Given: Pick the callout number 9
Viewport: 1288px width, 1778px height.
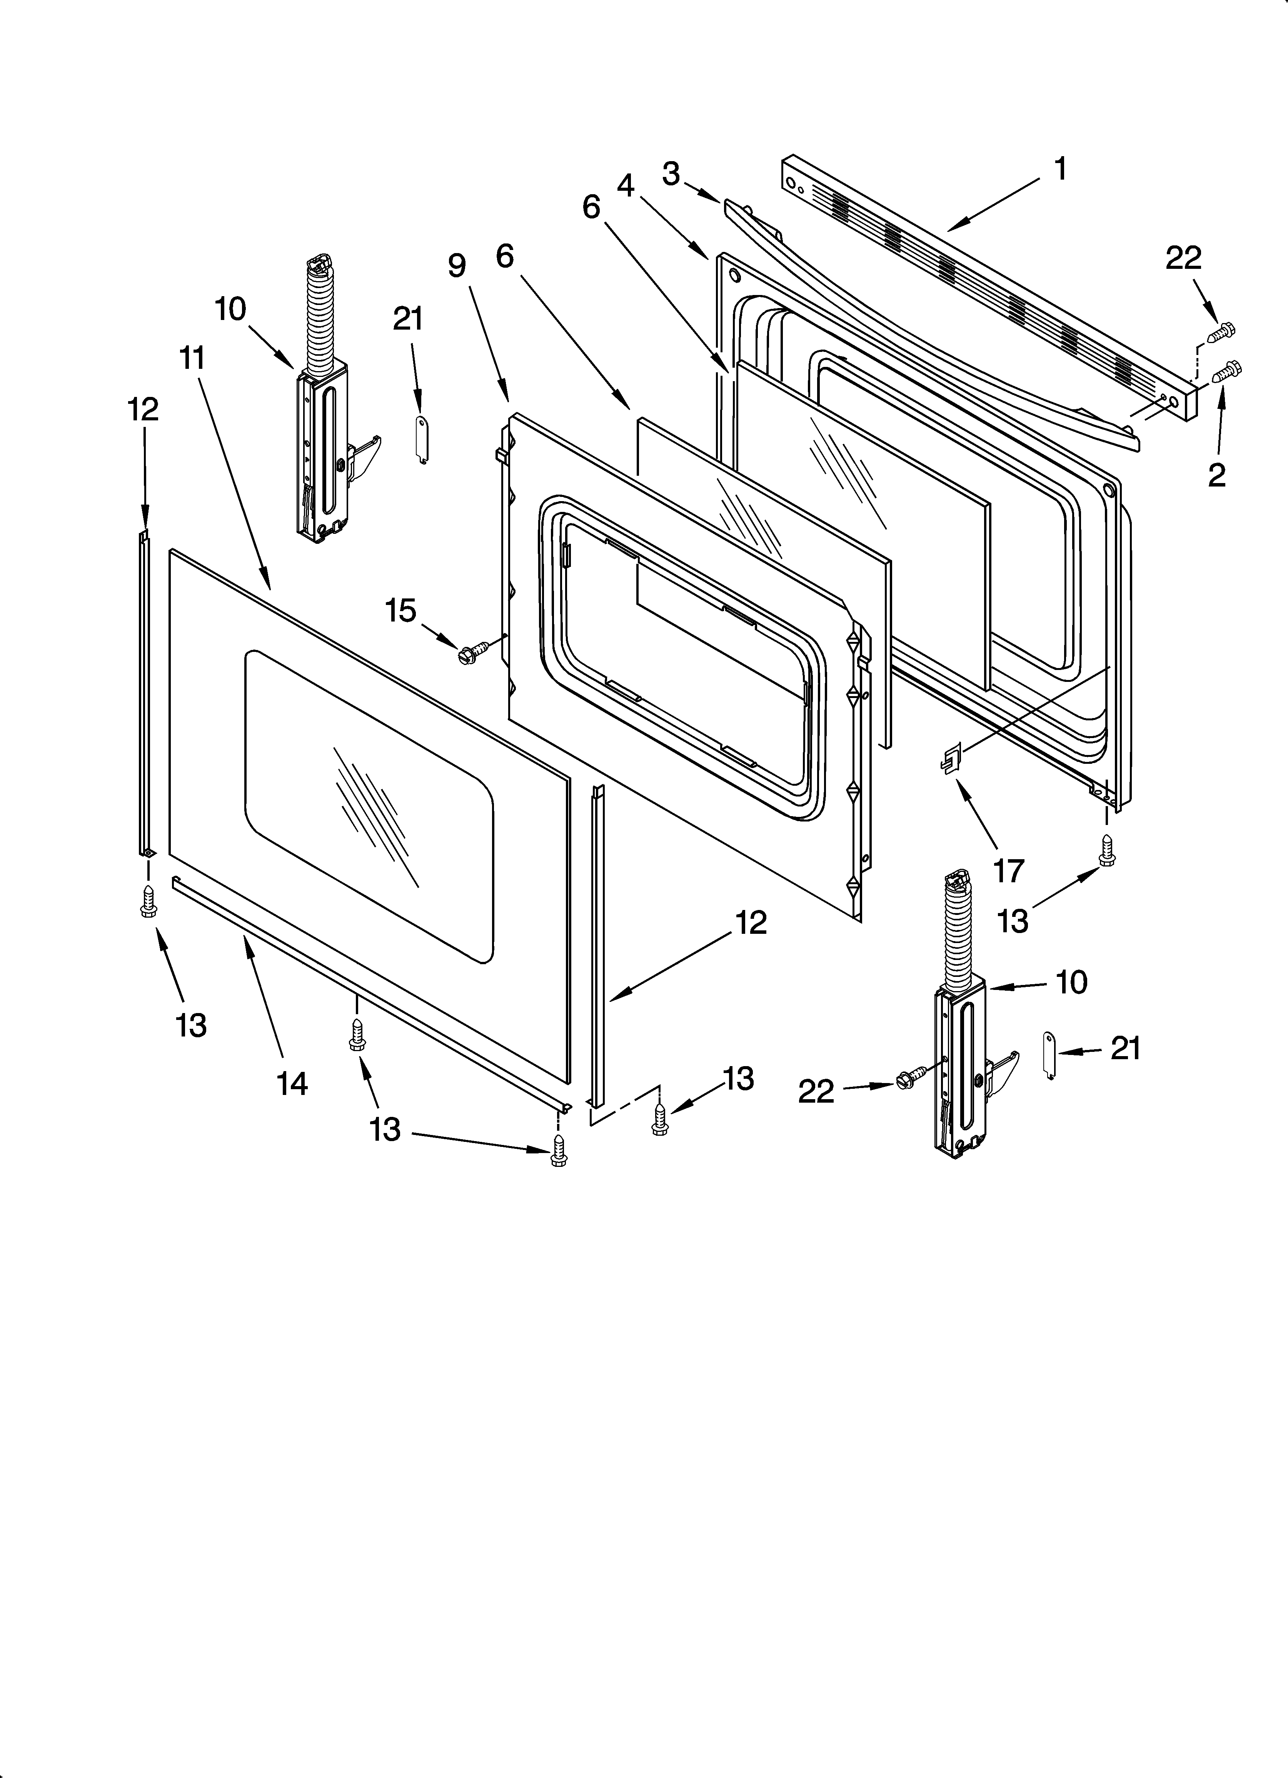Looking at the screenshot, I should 457,266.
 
